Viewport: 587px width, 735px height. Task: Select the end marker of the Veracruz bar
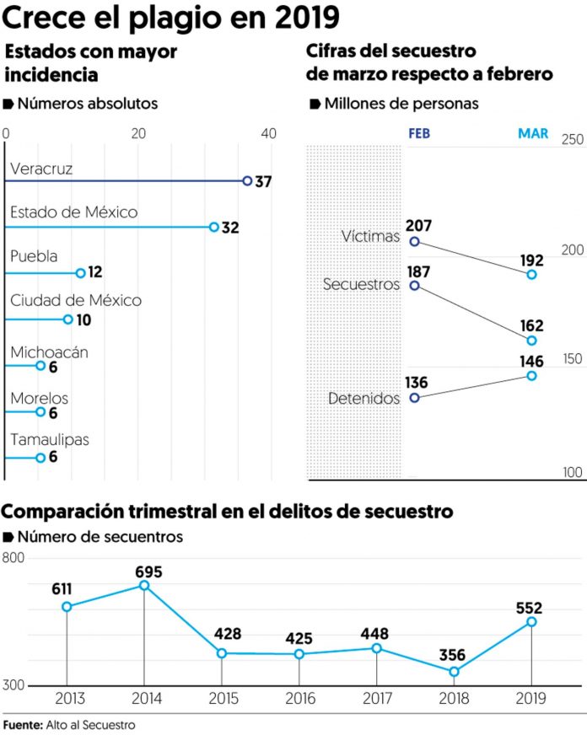point(247,180)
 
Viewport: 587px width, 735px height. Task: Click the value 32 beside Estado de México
point(231,228)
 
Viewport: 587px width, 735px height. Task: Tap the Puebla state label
point(33,256)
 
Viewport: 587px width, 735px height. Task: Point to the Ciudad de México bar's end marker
point(68,319)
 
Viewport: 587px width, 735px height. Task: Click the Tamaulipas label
point(50,439)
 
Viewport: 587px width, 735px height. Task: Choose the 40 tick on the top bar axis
point(269,134)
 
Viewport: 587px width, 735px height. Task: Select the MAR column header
point(532,134)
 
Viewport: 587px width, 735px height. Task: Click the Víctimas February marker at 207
point(414,242)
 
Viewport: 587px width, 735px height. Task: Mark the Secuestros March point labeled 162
point(532,341)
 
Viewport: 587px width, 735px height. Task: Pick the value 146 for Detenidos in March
point(531,362)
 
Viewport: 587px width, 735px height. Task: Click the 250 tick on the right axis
point(574,140)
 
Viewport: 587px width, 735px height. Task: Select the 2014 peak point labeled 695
point(144,585)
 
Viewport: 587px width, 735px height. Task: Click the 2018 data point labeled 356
point(455,672)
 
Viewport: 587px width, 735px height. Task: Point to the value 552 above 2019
point(529,608)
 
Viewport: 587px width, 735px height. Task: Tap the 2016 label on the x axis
point(299,699)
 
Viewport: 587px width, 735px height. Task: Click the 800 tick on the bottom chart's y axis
point(13,558)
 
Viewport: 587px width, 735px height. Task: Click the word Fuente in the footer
point(21,725)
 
